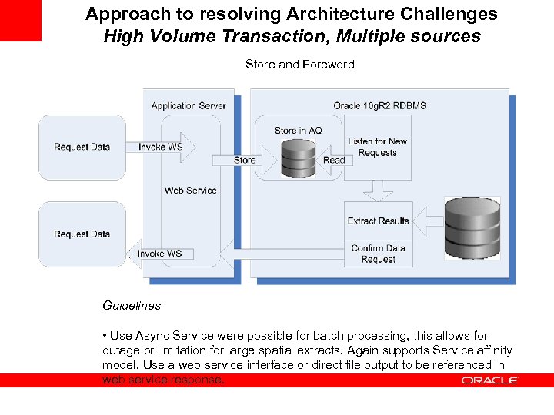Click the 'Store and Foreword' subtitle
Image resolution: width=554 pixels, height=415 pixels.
click(299, 65)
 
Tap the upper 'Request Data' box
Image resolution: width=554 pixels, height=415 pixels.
click(82, 147)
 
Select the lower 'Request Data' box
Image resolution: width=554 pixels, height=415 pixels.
click(82, 234)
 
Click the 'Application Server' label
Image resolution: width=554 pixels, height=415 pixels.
click(189, 106)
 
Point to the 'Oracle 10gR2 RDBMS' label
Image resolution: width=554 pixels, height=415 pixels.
click(379, 106)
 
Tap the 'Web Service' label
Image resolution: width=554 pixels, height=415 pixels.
click(190, 191)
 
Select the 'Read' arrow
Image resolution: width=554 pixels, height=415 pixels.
click(332, 160)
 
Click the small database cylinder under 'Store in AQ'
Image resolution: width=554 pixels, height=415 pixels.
click(298, 158)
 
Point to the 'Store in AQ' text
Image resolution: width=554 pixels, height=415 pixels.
click(298, 131)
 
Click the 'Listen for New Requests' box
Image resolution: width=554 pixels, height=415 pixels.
click(377, 147)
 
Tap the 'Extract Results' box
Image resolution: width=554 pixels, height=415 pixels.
click(378, 221)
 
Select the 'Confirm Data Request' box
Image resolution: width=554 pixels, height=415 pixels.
click(378, 254)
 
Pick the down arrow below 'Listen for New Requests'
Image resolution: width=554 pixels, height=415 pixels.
click(378, 189)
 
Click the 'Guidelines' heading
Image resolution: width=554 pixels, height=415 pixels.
click(132, 305)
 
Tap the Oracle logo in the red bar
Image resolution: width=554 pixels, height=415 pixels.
click(490, 380)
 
